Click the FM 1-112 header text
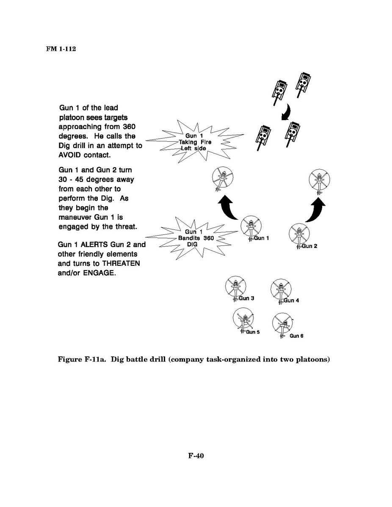coord(61,48)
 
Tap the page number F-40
coord(196,456)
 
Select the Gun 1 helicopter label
coord(261,238)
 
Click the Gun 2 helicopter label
coord(309,246)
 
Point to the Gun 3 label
coord(246,298)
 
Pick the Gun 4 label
coord(291,300)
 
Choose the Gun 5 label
coord(253,332)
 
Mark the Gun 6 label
coord(296,336)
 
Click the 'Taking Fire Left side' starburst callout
coord(195,142)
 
